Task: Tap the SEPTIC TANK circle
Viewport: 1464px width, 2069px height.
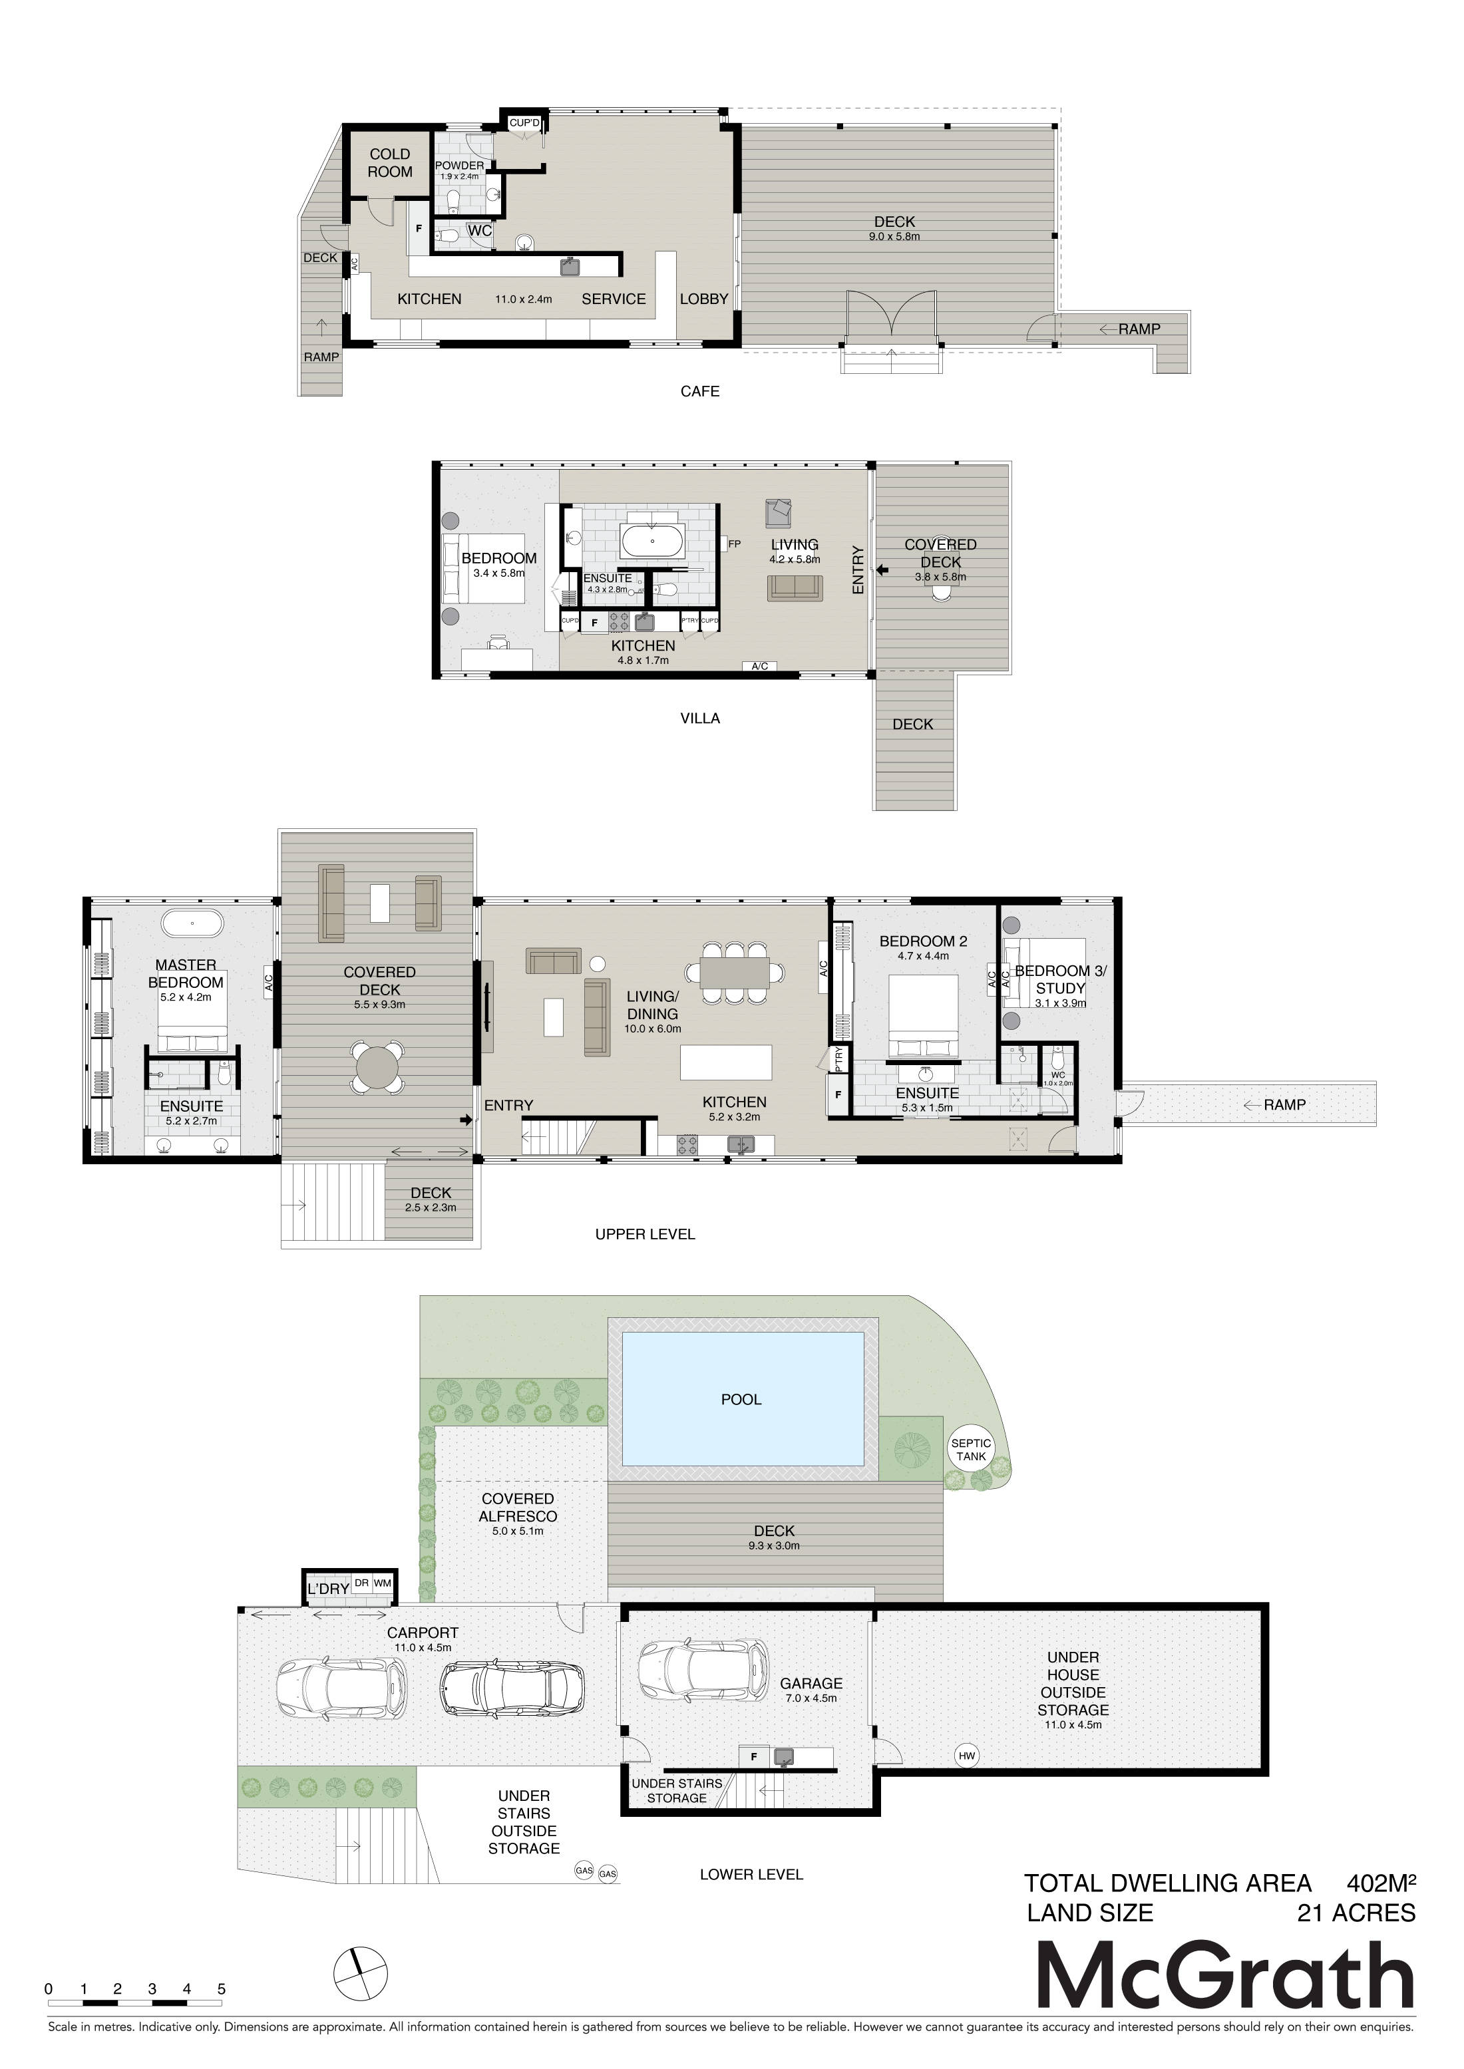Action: coord(971,1449)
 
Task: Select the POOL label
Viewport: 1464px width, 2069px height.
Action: coord(741,1400)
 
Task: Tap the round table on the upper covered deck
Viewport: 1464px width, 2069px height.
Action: coord(379,1068)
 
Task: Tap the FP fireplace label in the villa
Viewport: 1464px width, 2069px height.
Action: coord(735,544)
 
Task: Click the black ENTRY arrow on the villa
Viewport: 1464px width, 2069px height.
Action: coord(882,569)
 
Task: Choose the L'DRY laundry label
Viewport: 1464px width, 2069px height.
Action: coord(328,1589)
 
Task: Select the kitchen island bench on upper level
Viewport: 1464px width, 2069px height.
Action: coord(727,1062)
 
